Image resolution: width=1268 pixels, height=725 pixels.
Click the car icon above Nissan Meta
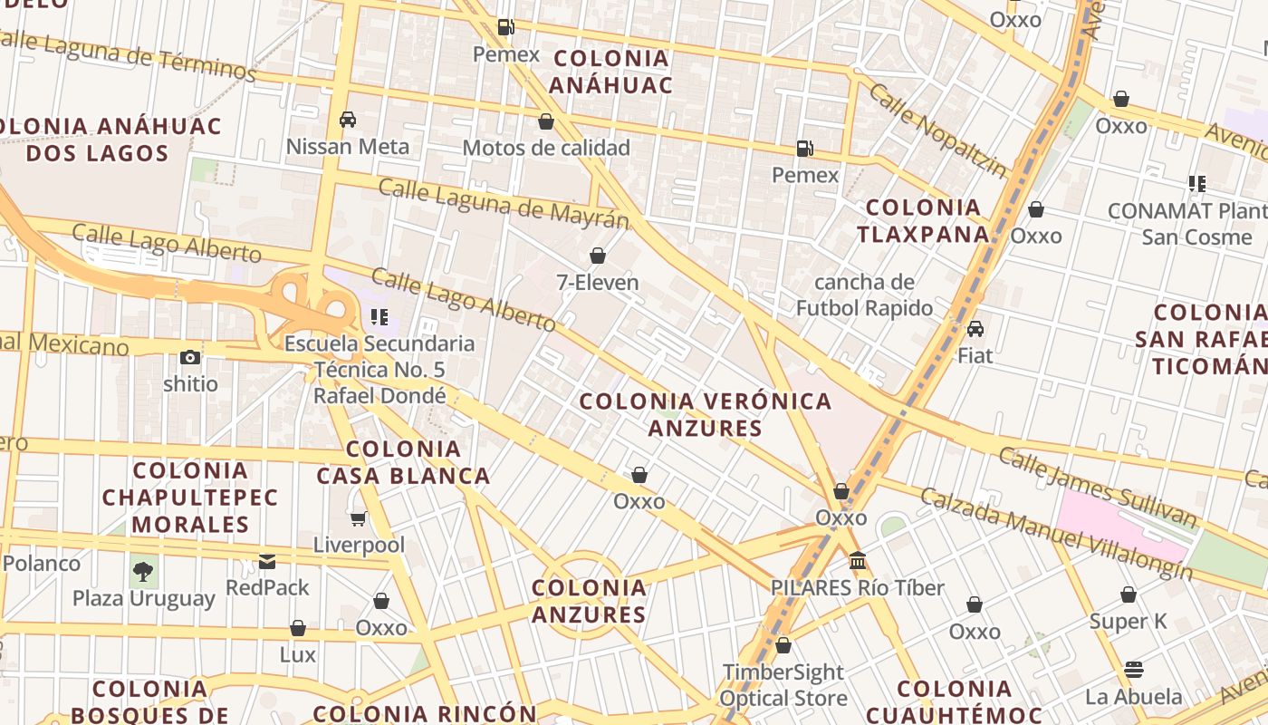[x=347, y=120]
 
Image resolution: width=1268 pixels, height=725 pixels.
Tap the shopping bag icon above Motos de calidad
[x=546, y=121]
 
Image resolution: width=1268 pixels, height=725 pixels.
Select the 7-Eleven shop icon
[x=598, y=256]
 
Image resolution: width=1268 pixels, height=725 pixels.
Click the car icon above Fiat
[x=975, y=329]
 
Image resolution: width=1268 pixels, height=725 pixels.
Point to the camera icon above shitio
[x=190, y=357]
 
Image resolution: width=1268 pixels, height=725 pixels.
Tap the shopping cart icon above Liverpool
[x=359, y=519]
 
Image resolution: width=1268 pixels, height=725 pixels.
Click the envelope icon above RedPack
[x=267, y=562]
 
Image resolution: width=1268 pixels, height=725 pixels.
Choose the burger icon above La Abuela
[x=1134, y=670]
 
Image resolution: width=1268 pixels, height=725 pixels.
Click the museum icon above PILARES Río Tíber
[x=857, y=561]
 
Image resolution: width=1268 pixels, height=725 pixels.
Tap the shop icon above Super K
[x=1129, y=595]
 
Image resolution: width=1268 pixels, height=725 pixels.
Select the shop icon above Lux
[x=298, y=628]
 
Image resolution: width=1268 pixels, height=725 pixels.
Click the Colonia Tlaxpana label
[x=924, y=221]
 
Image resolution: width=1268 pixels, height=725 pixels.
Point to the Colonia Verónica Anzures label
[x=705, y=414]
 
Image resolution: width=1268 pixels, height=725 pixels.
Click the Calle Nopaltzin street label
[x=938, y=130]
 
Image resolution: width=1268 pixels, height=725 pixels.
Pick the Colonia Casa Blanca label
[x=403, y=462]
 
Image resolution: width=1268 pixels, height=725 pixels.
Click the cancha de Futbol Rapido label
[x=864, y=295]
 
